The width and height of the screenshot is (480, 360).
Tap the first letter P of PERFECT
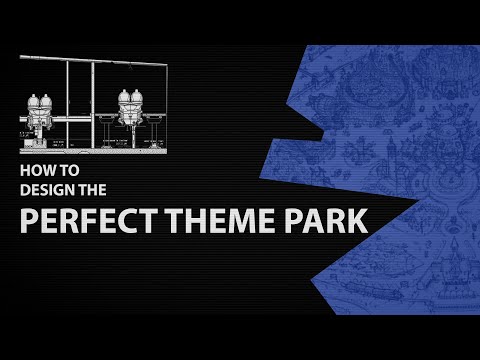[x=30, y=218]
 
